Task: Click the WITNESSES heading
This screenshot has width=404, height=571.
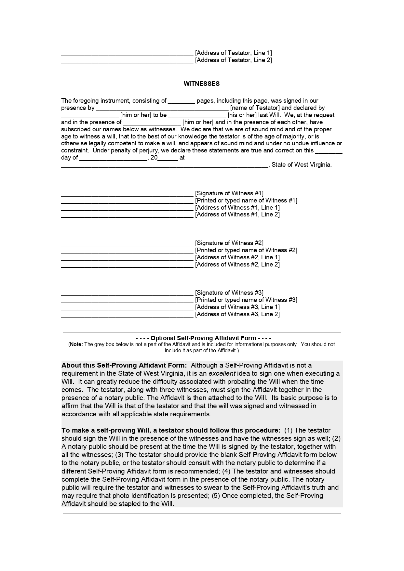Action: click(201, 84)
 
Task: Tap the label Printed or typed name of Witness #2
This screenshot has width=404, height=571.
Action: click(246, 250)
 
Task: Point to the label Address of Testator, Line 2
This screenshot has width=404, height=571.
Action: click(233, 60)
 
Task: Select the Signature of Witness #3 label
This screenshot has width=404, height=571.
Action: click(229, 293)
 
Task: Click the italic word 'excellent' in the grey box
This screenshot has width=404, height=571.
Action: click(222, 374)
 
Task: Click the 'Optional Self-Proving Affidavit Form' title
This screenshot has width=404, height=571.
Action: click(203, 338)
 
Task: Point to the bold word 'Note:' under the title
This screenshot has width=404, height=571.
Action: click(76, 344)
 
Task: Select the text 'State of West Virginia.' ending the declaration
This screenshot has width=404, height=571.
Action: click(302, 165)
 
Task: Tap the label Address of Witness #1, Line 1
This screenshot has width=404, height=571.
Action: click(237, 208)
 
